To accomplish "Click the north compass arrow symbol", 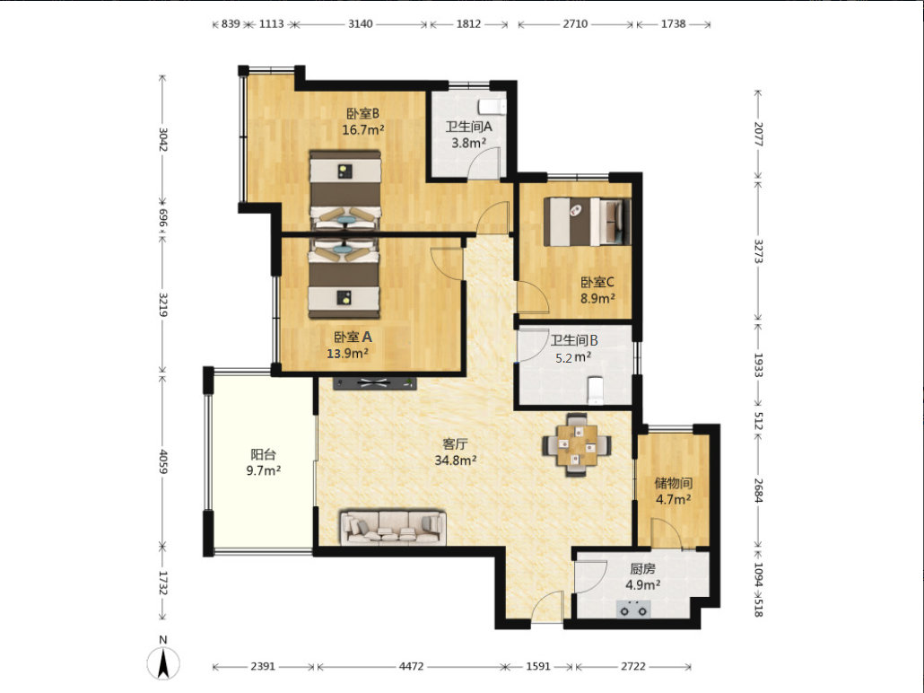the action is pos(163,662).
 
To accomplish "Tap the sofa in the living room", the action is pos(392,527).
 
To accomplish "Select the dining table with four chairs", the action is pos(576,444).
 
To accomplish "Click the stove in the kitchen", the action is pos(633,609).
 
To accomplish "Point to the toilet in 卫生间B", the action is pos(596,390).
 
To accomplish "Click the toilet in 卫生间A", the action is pos(493,107).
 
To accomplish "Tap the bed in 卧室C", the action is pos(587,222).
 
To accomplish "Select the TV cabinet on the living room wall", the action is pos(375,383).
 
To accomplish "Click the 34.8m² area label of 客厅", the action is pos(456,460).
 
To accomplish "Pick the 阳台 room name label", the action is pos(264,455).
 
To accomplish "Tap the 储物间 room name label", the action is pos(674,484).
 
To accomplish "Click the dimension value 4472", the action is pos(412,666).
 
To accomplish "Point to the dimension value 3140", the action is pos(360,24).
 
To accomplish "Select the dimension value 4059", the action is pos(163,461).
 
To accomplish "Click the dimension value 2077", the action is pos(758,134).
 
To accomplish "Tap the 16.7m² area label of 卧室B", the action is pos(363,130).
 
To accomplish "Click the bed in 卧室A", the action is pos(344,278).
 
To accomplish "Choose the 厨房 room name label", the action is pos(642,569).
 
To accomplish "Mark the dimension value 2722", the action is pos(632,666).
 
